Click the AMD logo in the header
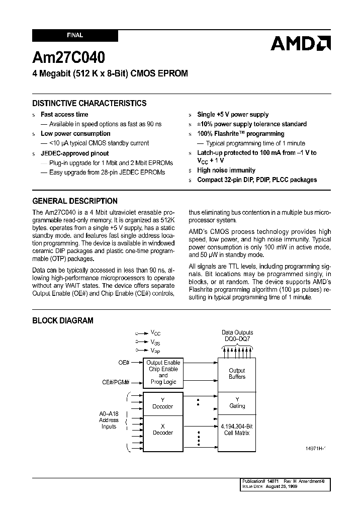(300, 44)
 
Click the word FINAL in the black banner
(75, 36)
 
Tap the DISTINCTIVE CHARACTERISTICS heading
(89, 103)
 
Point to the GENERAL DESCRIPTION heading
(75, 201)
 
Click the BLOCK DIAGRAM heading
(63, 320)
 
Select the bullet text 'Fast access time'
(64, 114)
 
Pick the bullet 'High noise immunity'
(226, 171)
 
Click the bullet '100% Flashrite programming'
(240, 134)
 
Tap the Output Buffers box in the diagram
(237, 374)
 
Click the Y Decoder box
(162, 403)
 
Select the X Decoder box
(162, 430)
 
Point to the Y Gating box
(237, 403)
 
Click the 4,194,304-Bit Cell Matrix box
(237, 430)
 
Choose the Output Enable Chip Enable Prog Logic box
(163, 372)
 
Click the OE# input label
(124, 362)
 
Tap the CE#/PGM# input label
(116, 382)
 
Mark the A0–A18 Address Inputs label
(109, 420)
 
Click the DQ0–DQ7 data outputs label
(237, 339)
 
